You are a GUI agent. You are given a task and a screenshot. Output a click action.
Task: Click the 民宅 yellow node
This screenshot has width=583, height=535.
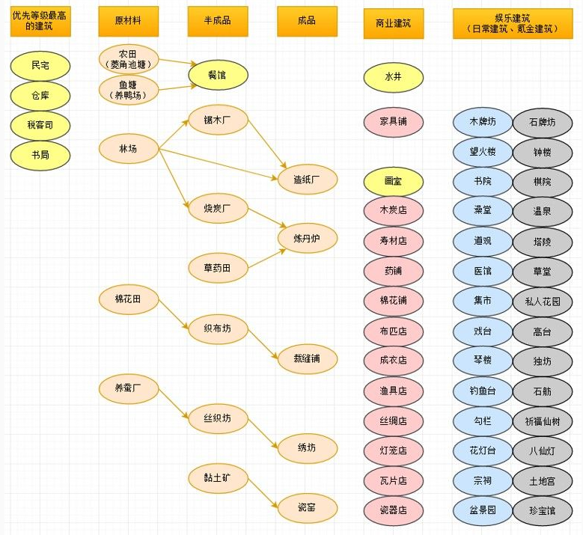pyautogui.click(x=40, y=66)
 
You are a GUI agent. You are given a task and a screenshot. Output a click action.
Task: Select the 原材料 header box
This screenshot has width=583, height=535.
pyautogui.click(x=128, y=21)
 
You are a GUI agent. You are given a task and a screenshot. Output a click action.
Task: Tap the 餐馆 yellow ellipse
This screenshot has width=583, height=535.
pyautogui.click(x=218, y=76)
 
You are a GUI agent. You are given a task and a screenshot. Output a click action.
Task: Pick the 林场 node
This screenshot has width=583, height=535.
pyautogui.click(x=129, y=149)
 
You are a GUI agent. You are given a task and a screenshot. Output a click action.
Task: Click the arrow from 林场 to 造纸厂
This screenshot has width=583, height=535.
pyautogui.click(x=219, y=165)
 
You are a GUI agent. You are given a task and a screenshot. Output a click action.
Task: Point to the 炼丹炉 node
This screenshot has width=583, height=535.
pyautogui.click(x=308, y=238)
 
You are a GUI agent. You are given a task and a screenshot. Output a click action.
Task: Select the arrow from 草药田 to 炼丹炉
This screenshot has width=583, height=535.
pyautogui.click(x=267, y=258)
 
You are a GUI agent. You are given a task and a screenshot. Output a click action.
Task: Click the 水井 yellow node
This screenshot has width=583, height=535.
pyautogui.click(x=394, y=77)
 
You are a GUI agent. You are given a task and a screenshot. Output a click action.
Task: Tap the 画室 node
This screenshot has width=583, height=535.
pyautogui.click(x=394, y=181)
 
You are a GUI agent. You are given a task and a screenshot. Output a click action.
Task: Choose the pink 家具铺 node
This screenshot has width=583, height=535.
pyautogui.click(x=394, y=122)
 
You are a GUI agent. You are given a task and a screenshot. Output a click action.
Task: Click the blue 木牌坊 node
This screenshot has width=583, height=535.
pyautogui.click(x=483, y=122)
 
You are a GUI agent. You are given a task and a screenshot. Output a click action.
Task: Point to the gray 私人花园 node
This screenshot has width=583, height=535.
pyautogui.click(x=543, y=302)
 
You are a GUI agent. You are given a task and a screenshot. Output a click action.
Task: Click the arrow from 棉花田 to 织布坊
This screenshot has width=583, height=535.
pyautogui.click(x=174, y=314)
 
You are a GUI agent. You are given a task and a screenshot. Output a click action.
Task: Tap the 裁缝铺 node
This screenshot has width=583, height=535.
pyautogui.click(x=308, y=358)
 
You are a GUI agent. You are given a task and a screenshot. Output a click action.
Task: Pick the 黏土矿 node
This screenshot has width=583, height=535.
pyautogui.click(x=218, y=478)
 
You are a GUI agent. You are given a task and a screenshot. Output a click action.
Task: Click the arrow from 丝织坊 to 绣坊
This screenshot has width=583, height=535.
pyautogui.click(x=263, y=433)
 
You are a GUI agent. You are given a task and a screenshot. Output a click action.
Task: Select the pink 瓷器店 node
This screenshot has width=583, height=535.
pyautogui.click(x=394, y=510)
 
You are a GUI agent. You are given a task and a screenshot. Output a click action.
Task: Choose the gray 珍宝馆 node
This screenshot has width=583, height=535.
pyautogui.click(x=543, y=511)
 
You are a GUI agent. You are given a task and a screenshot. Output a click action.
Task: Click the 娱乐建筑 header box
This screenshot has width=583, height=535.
pyautogui.click(x=513, y=23)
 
